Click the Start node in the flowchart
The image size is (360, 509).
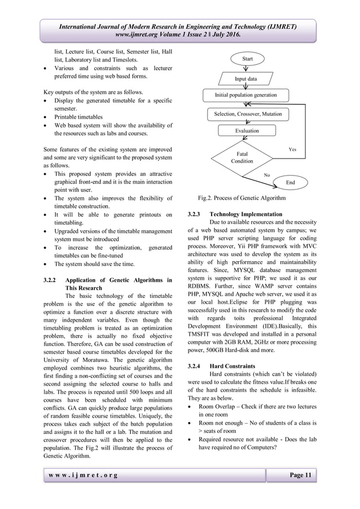(248, 58)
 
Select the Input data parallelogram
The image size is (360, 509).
(245, 78)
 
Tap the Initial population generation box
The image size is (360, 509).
(245, 95)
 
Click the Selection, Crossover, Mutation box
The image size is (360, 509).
(247, 114)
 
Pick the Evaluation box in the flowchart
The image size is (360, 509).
(247, 130)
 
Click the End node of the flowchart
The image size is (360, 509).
(291, 183)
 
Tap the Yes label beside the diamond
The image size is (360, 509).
(292, 149)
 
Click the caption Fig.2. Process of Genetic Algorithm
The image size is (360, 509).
(242, 198)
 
